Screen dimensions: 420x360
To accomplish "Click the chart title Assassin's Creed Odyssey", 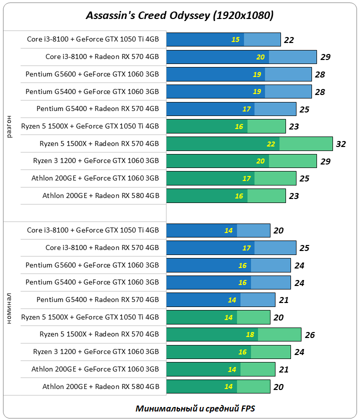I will coord(180,15).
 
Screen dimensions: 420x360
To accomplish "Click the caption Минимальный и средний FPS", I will coord(195,408).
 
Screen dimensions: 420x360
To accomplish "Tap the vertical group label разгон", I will coord(10,126).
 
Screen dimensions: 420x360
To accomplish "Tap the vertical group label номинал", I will coord(10,308).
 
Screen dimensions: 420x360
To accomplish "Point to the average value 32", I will coord(341,144).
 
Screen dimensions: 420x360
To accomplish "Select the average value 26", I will coord(309,335).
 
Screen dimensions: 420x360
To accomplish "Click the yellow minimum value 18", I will coord(250,334).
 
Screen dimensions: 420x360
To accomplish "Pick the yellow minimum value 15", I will coord(235,39).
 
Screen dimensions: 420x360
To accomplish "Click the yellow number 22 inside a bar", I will coord(271,144).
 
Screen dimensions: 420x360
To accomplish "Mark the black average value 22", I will coord(288,40).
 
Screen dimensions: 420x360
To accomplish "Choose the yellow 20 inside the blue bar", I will coord(260,57).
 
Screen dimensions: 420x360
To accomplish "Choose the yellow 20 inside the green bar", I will coord(260,161).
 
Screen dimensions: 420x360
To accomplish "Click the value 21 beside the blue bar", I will coord(283,300).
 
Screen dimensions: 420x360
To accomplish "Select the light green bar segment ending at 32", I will coord(306,144).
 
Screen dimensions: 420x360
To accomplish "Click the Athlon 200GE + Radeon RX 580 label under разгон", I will coord(100,195).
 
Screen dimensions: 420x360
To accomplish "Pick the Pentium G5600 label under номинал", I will coord(92,265).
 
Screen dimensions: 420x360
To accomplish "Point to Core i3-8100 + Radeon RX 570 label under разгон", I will coord(102,56).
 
